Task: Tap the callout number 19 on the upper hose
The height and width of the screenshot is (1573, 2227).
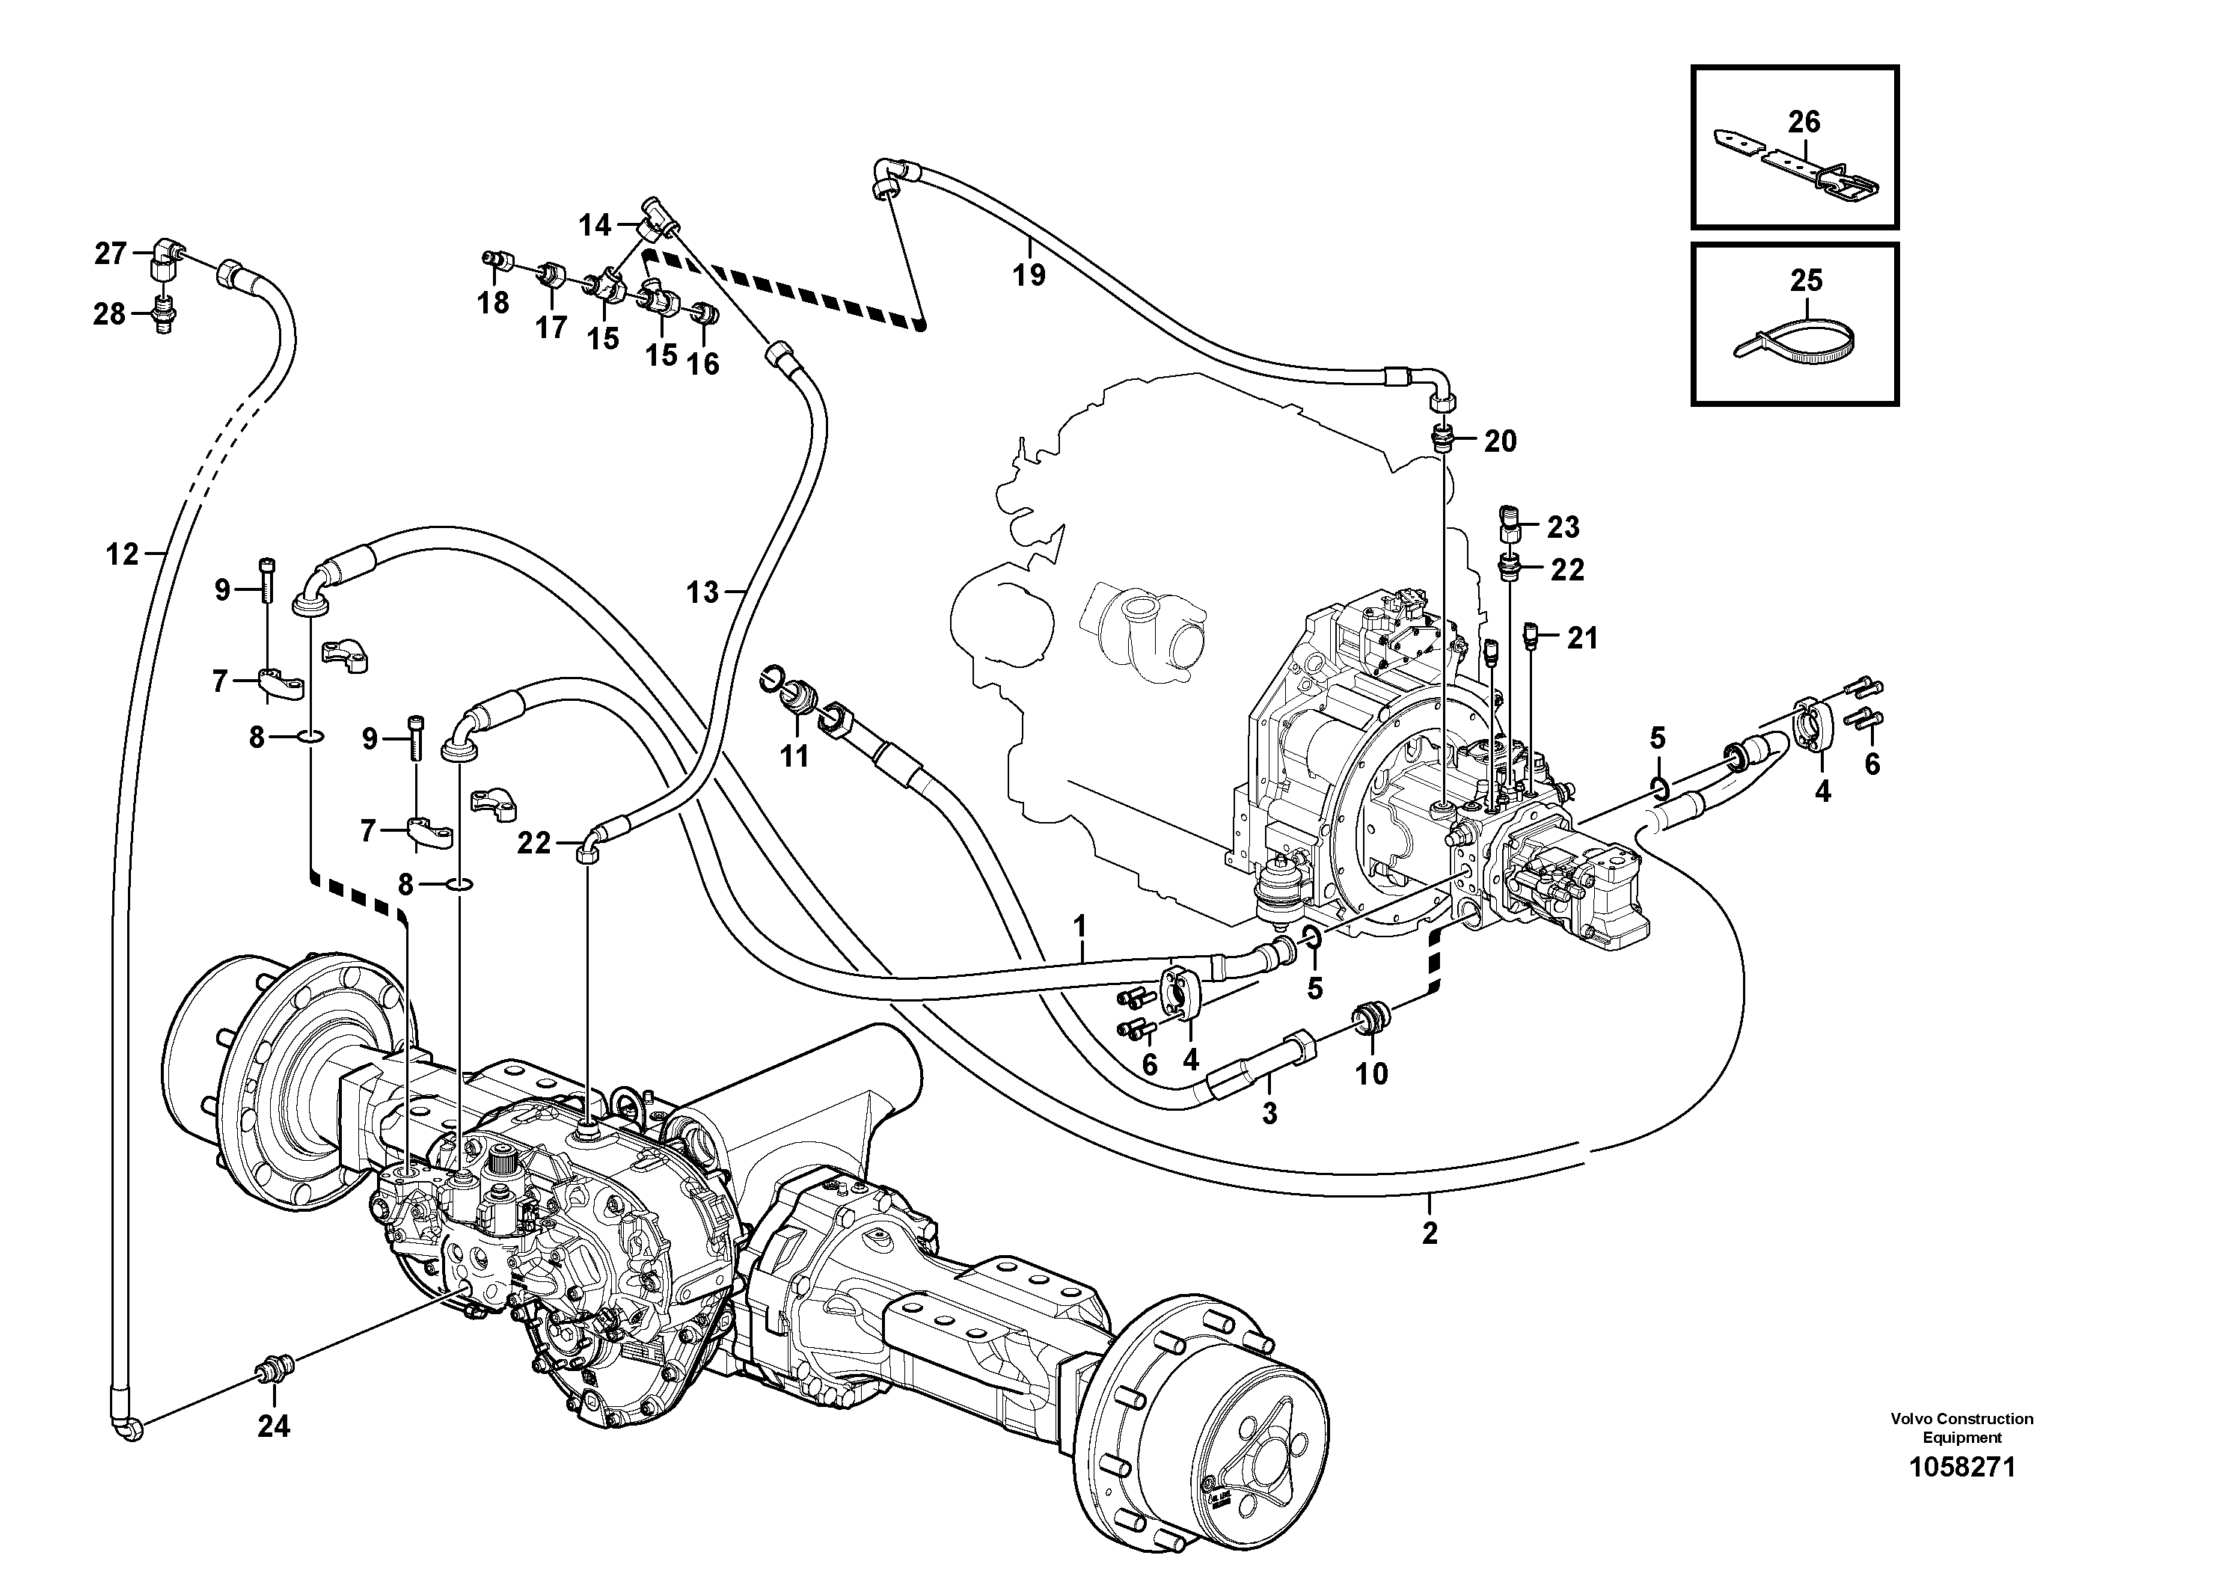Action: pyautogui.click(x=1029, y=275)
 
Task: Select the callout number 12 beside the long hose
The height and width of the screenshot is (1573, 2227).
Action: pyautogui.click(x=122, y=555)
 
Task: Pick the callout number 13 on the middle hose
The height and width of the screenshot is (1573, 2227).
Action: pyautogui.click(x=702, y=592)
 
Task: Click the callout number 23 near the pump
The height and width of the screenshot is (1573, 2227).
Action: pyautogui.click(x=1563, y=527)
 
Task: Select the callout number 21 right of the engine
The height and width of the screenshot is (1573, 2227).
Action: pyautogui.click(x=1582, y=638)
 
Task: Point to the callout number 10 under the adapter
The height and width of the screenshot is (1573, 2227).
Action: pyautogui.click(x=1371, y=1073)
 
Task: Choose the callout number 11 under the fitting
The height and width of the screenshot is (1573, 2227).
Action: pyautogui.click(x=794, y=755)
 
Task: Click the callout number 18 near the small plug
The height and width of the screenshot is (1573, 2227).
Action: pyautogui.click(x=493, y=304)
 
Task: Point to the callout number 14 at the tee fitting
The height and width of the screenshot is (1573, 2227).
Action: pyautogui.click(x=595, y=226)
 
